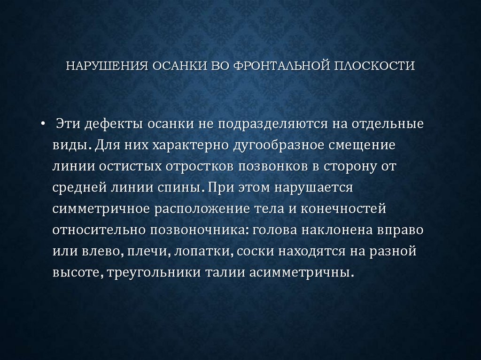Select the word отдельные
point(385,125)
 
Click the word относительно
point(99,230)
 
